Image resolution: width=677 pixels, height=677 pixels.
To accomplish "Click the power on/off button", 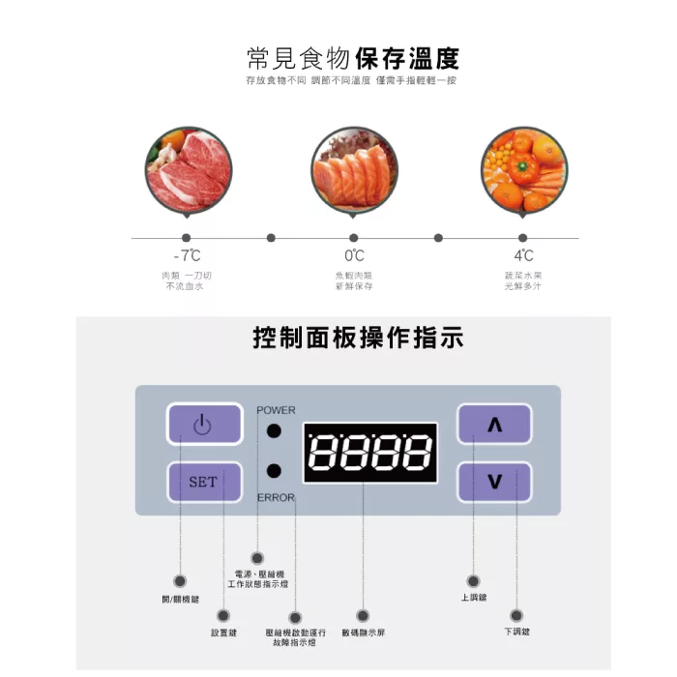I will [203, 424].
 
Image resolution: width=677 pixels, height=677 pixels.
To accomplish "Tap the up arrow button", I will [494, 425].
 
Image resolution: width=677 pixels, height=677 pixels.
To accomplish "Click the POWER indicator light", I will [275, 431].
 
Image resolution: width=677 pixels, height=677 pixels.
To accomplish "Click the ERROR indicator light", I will [275, 472].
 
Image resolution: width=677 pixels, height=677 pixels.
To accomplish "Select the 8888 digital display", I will [369, 452].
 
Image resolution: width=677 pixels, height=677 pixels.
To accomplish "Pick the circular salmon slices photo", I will [354, 170].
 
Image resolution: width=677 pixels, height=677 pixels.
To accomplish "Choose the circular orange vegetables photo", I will [523, 170].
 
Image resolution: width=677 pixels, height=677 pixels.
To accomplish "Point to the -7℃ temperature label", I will [187, 256].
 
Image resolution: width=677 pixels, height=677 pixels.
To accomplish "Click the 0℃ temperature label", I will [354, 256].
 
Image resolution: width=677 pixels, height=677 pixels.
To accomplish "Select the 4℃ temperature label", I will [523, 256].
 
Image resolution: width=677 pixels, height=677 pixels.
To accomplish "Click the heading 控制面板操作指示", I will [358, 338].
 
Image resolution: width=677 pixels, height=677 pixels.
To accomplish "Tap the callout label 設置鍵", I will [223, 633].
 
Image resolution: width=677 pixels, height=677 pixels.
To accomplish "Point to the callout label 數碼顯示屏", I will [363, 633].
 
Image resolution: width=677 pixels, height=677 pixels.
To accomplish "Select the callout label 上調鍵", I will [474, 598].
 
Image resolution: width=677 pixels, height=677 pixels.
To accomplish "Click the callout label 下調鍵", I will [516, 632].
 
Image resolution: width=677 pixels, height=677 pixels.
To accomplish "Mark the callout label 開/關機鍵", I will [180, 599].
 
